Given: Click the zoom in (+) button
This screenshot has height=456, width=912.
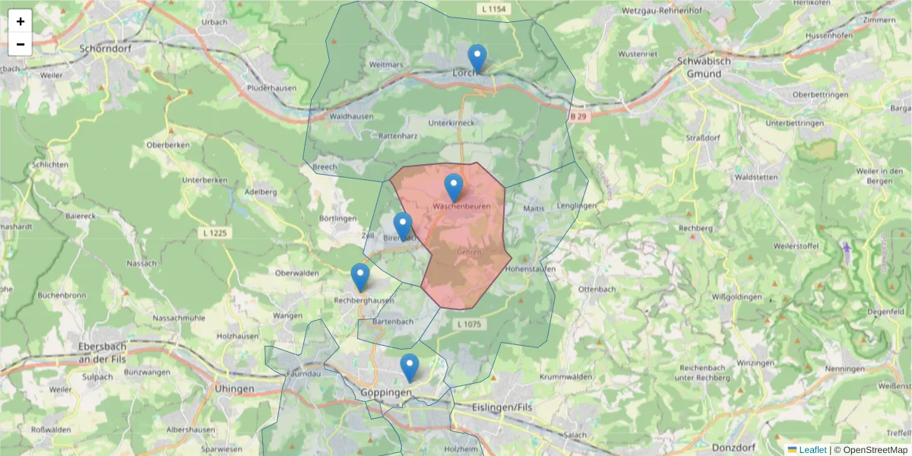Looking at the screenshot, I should point(21,21).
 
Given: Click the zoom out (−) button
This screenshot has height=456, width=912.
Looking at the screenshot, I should point(21,44).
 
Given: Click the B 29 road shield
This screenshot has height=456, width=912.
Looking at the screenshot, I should point(578,116).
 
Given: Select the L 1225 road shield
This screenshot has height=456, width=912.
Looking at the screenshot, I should point(217,232).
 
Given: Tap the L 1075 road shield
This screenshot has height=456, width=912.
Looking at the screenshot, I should point(470,325).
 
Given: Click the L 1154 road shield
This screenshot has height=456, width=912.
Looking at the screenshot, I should point(493,9).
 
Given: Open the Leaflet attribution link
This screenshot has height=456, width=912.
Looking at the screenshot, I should point(812,450).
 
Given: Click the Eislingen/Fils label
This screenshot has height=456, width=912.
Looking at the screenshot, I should point(502,407).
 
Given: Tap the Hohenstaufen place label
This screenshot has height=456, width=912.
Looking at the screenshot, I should point(530,269).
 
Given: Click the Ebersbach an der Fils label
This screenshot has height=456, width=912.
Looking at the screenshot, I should point(106,352).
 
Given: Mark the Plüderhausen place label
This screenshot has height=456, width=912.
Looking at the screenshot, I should point(271,88).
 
